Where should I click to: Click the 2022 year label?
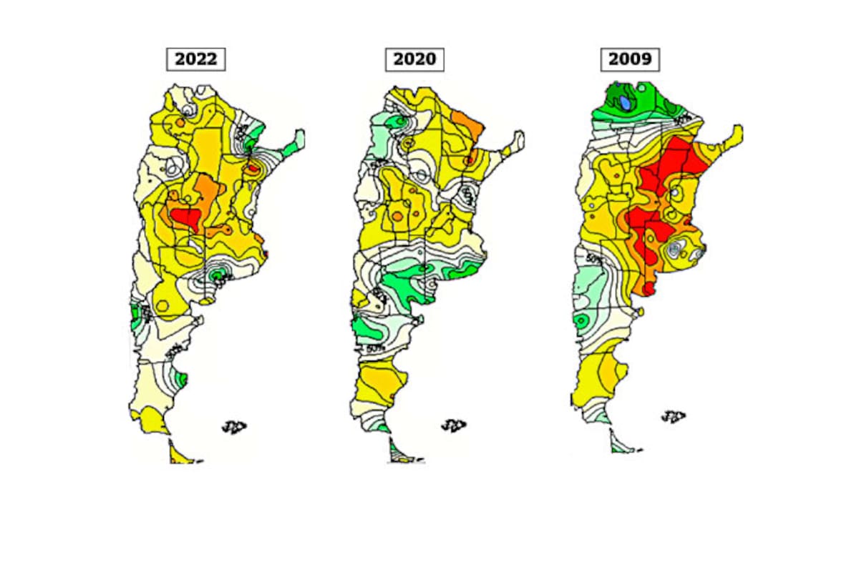pyautogui.click(x=195, y=59)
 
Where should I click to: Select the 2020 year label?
pyautogui.click(x=414, y=59)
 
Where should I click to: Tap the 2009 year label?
pyautogui.click(x=630, y=59)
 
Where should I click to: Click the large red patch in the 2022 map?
pyautogui.click(x=185, y=217)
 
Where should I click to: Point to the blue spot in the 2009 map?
pyautogui.click(x=626, y=103)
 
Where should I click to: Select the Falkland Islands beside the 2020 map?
pyautogui.click(x=452, y=425)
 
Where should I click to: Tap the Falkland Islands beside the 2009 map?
pyautogui.click(x=673, y=416)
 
